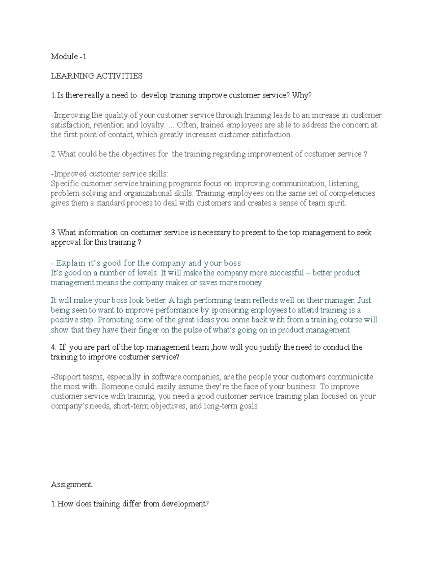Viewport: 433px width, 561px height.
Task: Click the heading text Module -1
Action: coord(69,56)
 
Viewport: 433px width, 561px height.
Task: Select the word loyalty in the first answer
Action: coord(153,125)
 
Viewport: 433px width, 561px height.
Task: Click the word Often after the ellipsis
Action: coord(187,125)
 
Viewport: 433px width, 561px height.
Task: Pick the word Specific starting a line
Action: coord(64,184)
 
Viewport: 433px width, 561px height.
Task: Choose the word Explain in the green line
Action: coord(71,263)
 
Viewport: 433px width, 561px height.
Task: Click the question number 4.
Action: coord(53,347)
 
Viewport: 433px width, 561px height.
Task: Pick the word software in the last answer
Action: coord(166,377)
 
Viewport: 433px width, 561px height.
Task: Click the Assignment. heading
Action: coord(72,484)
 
